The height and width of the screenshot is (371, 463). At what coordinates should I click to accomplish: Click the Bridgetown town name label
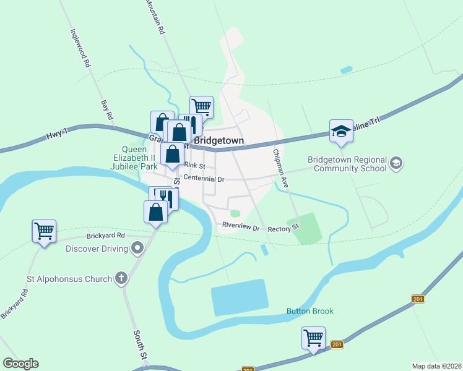click(219, 141)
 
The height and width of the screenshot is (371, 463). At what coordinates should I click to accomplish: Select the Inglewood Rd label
click(79, 49)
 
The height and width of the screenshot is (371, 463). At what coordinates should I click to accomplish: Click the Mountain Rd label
click(155, 17)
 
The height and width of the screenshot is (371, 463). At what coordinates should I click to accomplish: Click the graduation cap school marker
click(341, 131)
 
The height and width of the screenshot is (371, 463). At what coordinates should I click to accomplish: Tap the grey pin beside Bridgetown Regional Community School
click(396, 163)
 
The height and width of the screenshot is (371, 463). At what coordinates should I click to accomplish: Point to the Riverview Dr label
click(241, 227)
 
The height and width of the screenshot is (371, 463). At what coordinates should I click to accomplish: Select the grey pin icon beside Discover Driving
click(137, 249)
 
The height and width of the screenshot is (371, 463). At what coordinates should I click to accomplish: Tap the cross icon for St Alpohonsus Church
click(121, 278)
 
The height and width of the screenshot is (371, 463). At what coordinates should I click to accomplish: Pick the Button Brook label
click(309, 311)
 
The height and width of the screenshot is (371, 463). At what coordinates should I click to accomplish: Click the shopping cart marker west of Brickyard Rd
click(44, 231)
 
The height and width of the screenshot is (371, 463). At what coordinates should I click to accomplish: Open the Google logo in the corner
click(21, 364)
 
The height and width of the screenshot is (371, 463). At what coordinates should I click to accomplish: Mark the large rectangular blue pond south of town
click(240, 298)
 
